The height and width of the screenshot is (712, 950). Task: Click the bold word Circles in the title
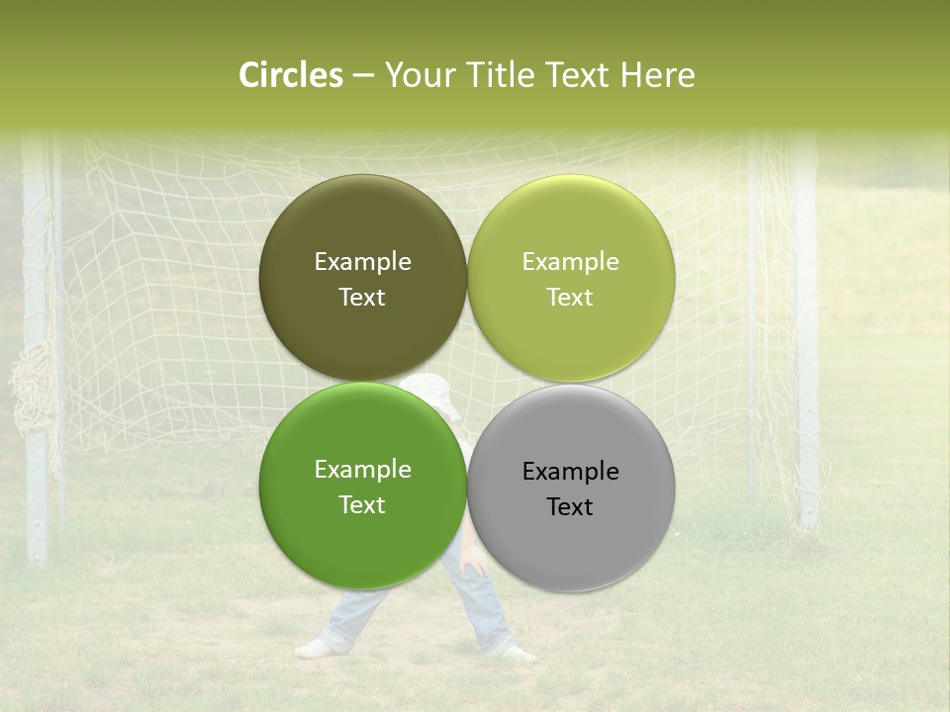point(291,75)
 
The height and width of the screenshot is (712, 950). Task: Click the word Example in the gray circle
point(570,472)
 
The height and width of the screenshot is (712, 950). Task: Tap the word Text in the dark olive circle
point(362,297)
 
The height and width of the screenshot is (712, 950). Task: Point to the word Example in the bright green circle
point(362,470)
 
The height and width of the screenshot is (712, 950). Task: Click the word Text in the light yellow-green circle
point(570,297)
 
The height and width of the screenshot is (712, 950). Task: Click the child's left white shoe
point(314,649)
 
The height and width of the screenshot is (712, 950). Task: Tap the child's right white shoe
point(517,653)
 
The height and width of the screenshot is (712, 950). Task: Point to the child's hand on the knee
point(473,562)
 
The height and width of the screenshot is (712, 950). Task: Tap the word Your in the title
point(416,75)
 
